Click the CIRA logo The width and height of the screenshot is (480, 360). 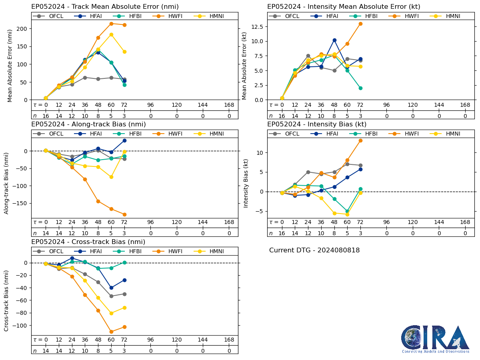click(435, 339)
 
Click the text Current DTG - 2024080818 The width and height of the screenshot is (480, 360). click(314, 250)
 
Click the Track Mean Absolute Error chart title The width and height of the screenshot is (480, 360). click(105, 7)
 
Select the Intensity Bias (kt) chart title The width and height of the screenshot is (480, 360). click(317, 124)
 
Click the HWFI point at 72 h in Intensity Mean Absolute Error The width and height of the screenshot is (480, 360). click(360, 24)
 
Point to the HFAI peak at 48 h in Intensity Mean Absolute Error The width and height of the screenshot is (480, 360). click(334, 40)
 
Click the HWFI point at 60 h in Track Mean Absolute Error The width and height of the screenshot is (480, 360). click(111, 24)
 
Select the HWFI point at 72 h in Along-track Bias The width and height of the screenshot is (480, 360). click(124, 214)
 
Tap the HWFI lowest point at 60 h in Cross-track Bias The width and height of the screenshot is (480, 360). click(111, 332)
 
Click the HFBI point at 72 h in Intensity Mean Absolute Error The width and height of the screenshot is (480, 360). click(360, 88)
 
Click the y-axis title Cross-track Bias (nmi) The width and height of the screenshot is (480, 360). click(7, 300)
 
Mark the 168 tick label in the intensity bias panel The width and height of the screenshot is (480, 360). click(465, 222)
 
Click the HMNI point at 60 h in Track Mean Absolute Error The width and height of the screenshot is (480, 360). click(111, 34)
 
